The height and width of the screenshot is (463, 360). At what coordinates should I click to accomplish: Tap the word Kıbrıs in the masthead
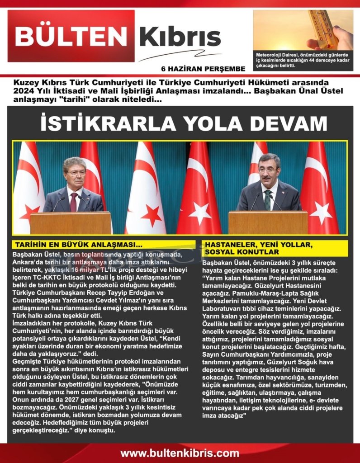[180, 38]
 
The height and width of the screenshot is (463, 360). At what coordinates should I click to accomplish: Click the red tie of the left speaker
[74, 202]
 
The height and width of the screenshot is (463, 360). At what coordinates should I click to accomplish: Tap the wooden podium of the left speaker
[70, 223]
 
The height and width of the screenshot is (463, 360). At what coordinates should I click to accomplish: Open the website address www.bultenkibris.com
[180, 453]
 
